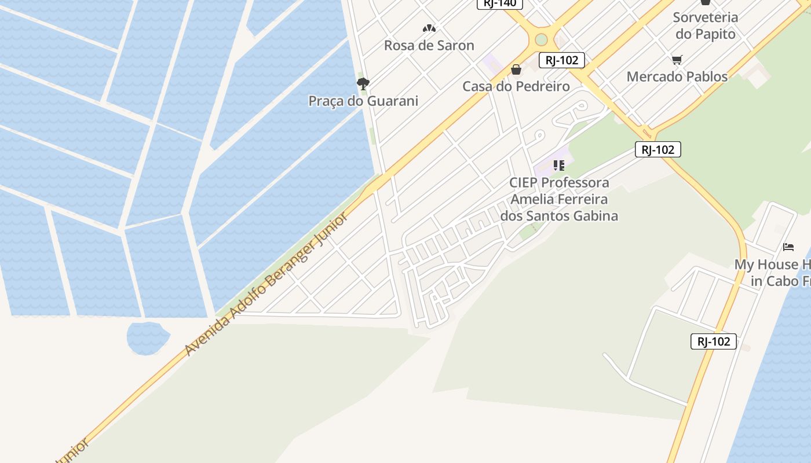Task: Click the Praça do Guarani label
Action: [363, 101]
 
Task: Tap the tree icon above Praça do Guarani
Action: [363, 84]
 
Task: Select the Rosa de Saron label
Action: [429, 45]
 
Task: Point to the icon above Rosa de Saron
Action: [429, 28]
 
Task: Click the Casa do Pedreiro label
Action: [516, 86]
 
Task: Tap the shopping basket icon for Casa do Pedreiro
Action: [516, 70]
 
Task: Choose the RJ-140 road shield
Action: [500, 3]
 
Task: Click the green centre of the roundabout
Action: [541, 39]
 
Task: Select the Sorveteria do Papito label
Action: [705, 25]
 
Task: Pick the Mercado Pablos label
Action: [677, 76]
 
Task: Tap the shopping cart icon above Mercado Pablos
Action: [677, 59]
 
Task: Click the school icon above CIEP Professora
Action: [559, 166]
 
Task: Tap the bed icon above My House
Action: [788, 247]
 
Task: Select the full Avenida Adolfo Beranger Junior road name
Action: [266, 284]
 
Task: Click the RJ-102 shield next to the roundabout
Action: [561, 60]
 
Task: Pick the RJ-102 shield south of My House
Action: [714, 341]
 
